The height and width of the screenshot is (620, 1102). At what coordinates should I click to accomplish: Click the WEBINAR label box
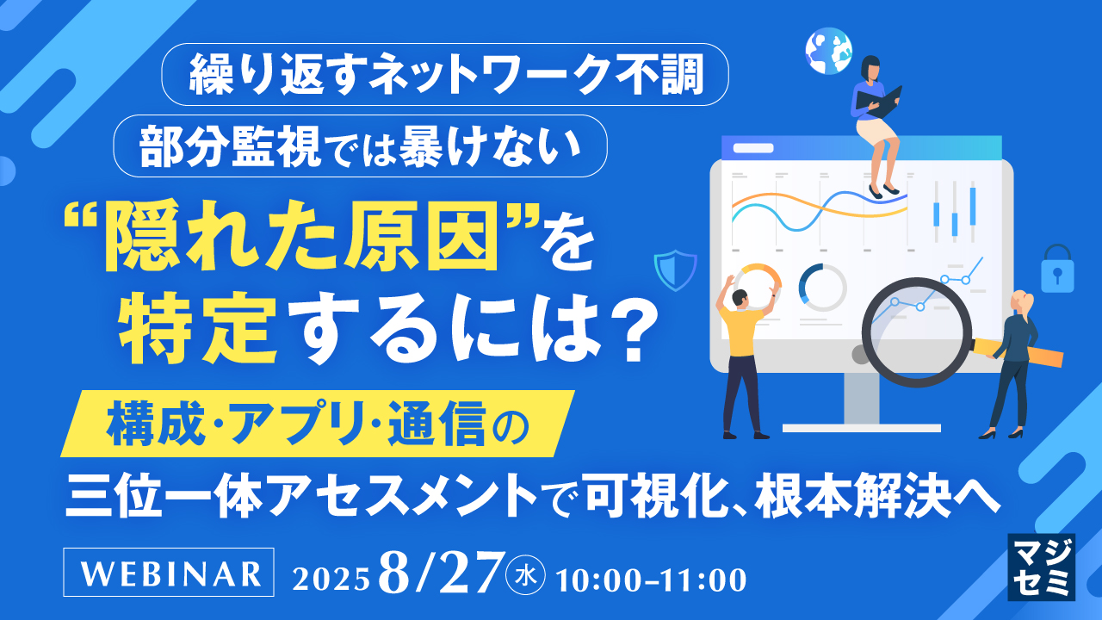pos(170,573)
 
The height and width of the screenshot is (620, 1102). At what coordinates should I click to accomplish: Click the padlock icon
pos(1057,269)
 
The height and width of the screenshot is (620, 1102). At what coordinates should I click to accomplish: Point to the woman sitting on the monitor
pos(876,121)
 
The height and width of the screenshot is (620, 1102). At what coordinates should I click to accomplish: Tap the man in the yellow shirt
pos(741,353)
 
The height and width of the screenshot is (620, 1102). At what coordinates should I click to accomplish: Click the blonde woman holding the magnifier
pos(1016,362)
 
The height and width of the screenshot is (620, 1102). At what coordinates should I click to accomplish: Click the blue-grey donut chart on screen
pos(822,287)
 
